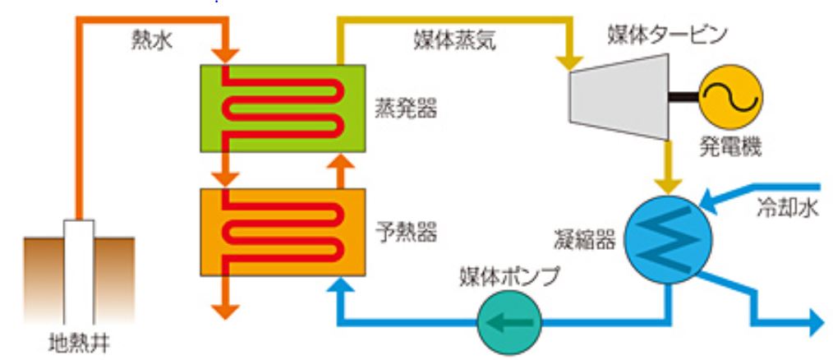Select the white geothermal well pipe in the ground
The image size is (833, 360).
pyautogui.click(x=79, y=270)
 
